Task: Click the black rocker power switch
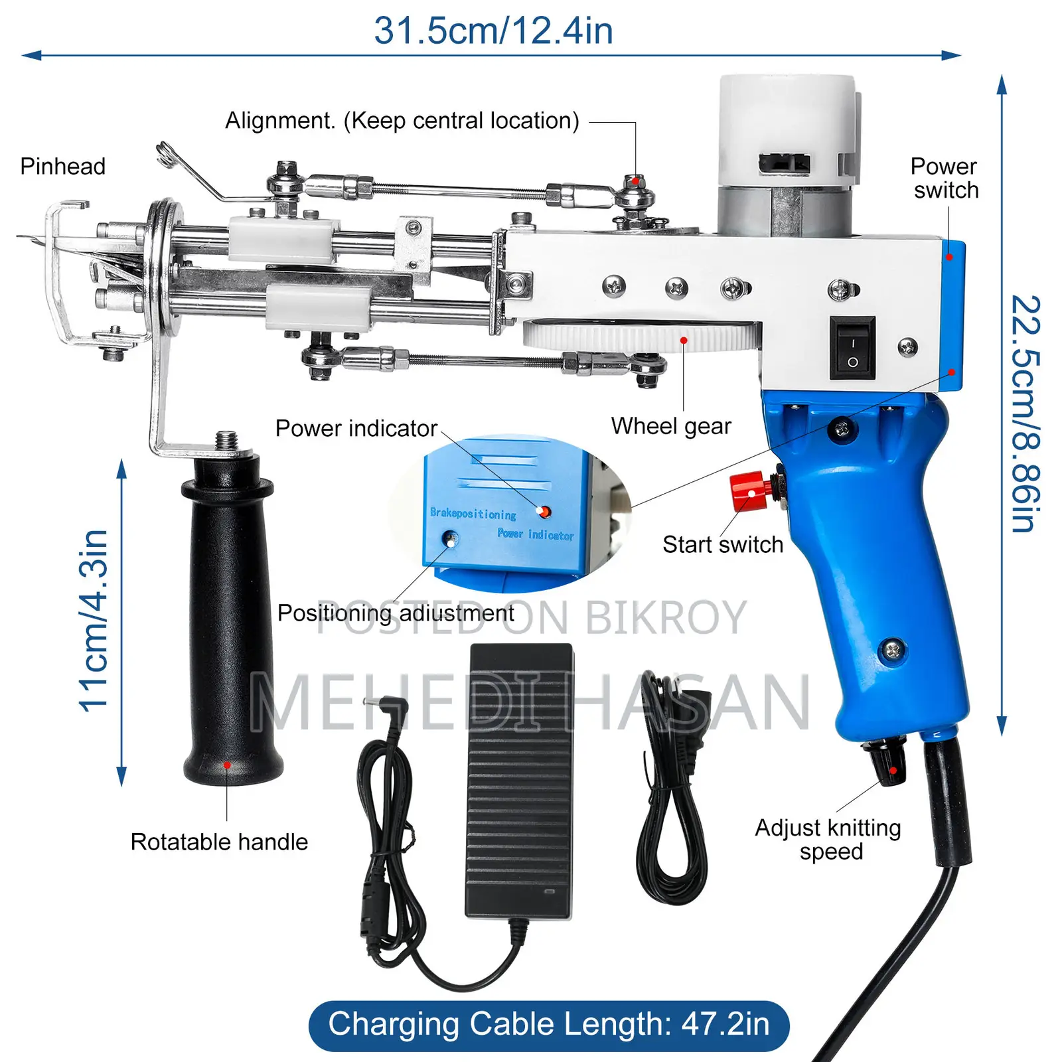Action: [853, 348]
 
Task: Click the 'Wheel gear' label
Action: [671, 426]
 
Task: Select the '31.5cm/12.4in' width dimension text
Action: [493, 31]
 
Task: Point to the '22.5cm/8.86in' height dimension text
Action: [1025, 414]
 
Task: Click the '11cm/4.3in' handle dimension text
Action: [94, 621]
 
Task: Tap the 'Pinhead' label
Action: [62, 166]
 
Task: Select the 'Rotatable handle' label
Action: [219, 842]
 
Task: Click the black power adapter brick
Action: [519, 782]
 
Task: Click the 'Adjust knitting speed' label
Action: [828, 840]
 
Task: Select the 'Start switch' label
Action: [723, 545]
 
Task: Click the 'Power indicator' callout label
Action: [356, 429]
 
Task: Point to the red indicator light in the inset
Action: [544, 512]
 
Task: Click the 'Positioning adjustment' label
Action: [396, 613]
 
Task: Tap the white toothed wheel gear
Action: [642, 337]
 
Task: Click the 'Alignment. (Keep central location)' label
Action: [402, 121]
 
